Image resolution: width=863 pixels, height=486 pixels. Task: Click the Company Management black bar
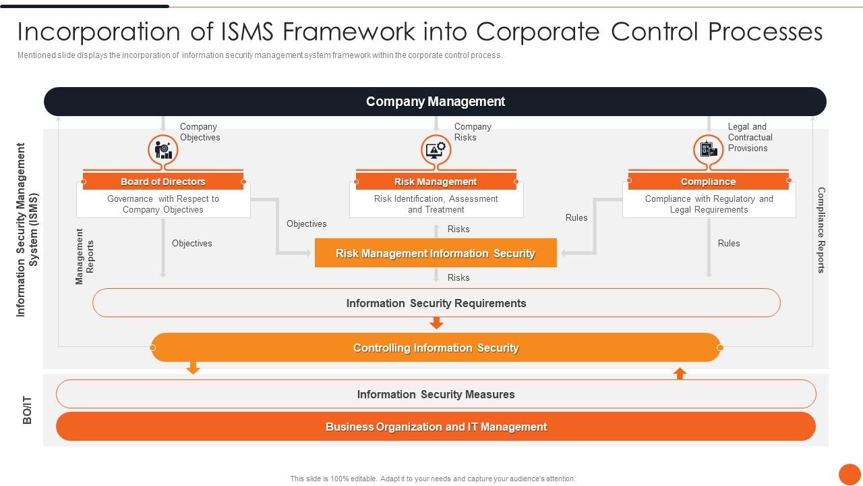tap(435, 101)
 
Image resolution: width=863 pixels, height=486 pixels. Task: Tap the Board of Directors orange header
tap(163, 182)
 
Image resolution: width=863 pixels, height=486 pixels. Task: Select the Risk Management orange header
tap(436, 182)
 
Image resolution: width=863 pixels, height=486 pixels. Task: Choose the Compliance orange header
tap(708, 182)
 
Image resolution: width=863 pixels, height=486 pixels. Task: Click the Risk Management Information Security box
tap(436, 253)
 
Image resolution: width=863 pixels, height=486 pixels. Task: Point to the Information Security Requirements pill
tap(436, 303)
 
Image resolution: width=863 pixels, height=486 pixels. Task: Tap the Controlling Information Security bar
tap(436, 348)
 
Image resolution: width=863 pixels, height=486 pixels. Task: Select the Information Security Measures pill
tap(436, 394)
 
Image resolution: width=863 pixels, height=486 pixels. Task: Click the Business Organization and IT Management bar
tap(436, 427)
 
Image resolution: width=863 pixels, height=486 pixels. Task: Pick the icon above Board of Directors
tap(163, 149)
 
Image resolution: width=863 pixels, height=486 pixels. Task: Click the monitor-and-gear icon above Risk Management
tap(436, 149)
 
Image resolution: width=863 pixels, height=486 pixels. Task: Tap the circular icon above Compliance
tap(708, 149)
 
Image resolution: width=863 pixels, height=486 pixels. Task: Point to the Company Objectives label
tap(200, 132)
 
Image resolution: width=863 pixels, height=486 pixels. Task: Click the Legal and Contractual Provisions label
tap(750, 137)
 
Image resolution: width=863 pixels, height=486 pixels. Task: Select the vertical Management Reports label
tap(85, 256)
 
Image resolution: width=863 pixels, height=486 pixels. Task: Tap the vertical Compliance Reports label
tap(821, 230)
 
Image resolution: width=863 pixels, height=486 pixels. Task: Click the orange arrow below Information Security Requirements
tap(436, 324)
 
